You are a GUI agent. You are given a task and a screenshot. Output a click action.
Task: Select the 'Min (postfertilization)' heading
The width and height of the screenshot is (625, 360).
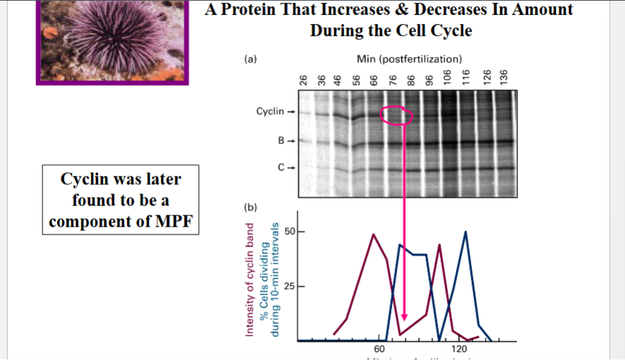pyautogui.click(x=409, y=59)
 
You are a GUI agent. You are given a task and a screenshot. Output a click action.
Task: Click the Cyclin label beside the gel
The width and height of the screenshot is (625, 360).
pyautogui.click(x=270, y=111)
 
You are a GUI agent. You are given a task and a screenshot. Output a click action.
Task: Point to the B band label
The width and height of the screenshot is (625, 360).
pyautogui.click(x=281, y=140)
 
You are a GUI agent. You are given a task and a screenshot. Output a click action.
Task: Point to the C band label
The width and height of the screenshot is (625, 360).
pyautogui.click(x=281, y=168)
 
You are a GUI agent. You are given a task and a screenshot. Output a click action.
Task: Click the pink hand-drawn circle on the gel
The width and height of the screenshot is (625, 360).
pyautogui.click(x=396, y=115)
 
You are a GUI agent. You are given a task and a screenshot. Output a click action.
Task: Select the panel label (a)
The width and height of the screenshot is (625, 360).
pyautogui.click(x=250, y=60)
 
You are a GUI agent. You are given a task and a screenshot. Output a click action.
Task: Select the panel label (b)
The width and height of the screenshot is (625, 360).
pyautogui.click(x=250, y=208)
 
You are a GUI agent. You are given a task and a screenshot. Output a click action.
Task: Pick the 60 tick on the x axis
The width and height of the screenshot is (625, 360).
pyautogui.click(x=380, y=349)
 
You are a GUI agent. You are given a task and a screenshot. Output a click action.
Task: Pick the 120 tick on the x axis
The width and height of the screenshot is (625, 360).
pyautogui.click(x=459, y=349)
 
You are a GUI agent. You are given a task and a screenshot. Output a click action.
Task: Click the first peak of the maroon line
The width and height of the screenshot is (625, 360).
pyautogui.click(x=373, y=234)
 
